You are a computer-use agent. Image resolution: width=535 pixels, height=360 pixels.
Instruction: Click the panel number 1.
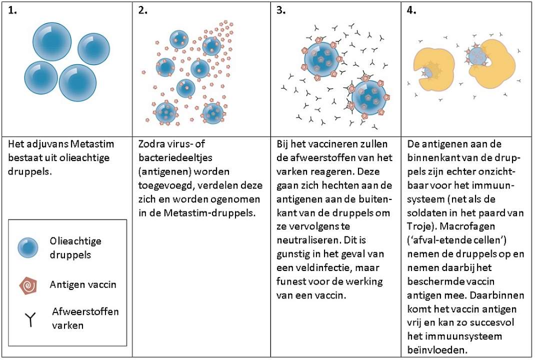[x=12, y=10]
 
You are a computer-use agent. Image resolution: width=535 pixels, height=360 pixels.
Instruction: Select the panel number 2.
[x=142, y=10]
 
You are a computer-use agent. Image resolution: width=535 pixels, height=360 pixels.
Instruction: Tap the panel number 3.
[x=281, y=10]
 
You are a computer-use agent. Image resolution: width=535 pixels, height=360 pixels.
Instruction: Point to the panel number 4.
[x=411, y=10]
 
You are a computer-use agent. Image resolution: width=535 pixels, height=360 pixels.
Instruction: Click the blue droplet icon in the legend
[x=28, y=247]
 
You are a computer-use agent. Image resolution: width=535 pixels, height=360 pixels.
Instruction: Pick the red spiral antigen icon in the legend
[x=28, y=285]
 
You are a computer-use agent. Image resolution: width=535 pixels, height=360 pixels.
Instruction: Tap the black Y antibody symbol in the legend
[x=30, y=319]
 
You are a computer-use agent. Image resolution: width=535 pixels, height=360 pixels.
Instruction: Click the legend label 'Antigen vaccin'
[x=83, y=284]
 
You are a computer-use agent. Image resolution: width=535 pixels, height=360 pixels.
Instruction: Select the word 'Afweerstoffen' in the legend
[x=85, y=311]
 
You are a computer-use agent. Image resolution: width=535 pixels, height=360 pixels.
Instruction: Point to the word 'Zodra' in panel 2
[x=151, y=144]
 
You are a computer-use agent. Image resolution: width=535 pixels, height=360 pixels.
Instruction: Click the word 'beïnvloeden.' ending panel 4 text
[x=437, y=350]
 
